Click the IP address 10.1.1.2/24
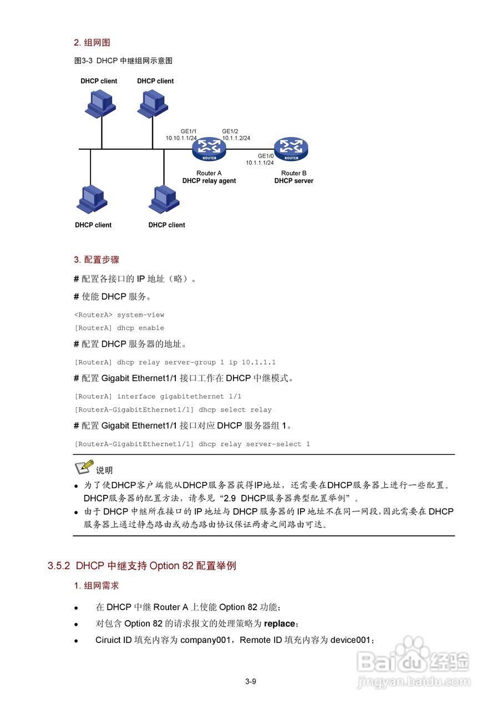tap(236, 138)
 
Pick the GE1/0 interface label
tap(266, 156)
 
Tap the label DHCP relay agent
tap(209, 181)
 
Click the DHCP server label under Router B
tap(293, 181)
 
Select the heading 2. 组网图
tap(92, 43)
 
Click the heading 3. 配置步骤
tap(97, 260)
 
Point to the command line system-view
tap(140, 315)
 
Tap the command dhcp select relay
tap(235, 410)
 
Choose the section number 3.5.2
tap(59, 566)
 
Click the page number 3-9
tap(251, 682)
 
